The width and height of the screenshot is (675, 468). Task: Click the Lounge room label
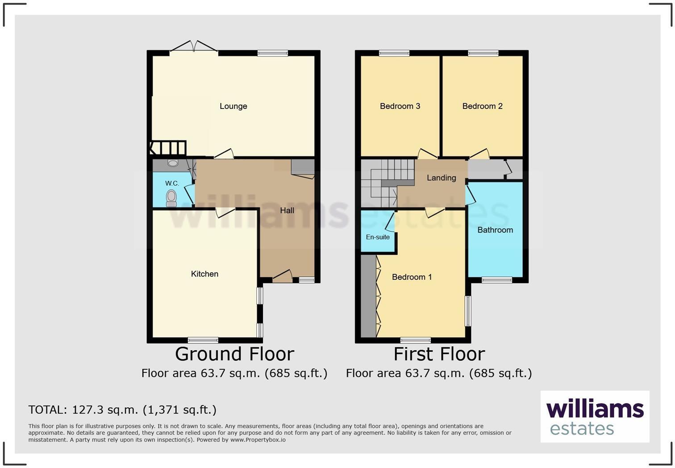click(233, 106)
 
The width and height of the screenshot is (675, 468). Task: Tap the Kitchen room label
click(204, 274)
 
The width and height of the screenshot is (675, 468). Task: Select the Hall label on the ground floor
click(287, 210)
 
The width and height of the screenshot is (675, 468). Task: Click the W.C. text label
click(172, 184)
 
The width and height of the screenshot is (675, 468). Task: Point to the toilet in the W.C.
click(171, 197)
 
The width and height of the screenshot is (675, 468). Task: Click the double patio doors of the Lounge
click(194, 47)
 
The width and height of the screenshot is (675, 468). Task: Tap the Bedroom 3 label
click(400, 106)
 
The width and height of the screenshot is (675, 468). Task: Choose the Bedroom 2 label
click(482, 106)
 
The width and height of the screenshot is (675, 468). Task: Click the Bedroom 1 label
click(412, 277)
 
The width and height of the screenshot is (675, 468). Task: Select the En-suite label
click(378, 237)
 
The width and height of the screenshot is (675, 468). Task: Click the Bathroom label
click(495, 230)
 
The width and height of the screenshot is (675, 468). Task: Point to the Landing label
click(441, 178)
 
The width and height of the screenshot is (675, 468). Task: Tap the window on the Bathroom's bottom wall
click(497, 280)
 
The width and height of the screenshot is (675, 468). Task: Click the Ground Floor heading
click(234, 354)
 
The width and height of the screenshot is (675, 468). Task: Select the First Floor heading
click(439, 354)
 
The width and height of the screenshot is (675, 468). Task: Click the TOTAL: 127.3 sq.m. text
click(122, 409)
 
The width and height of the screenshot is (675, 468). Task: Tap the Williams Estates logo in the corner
click(595, 417)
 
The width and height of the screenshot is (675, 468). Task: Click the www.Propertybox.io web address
click(258, 440)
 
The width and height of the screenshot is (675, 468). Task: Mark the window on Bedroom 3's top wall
click(394, 53)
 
